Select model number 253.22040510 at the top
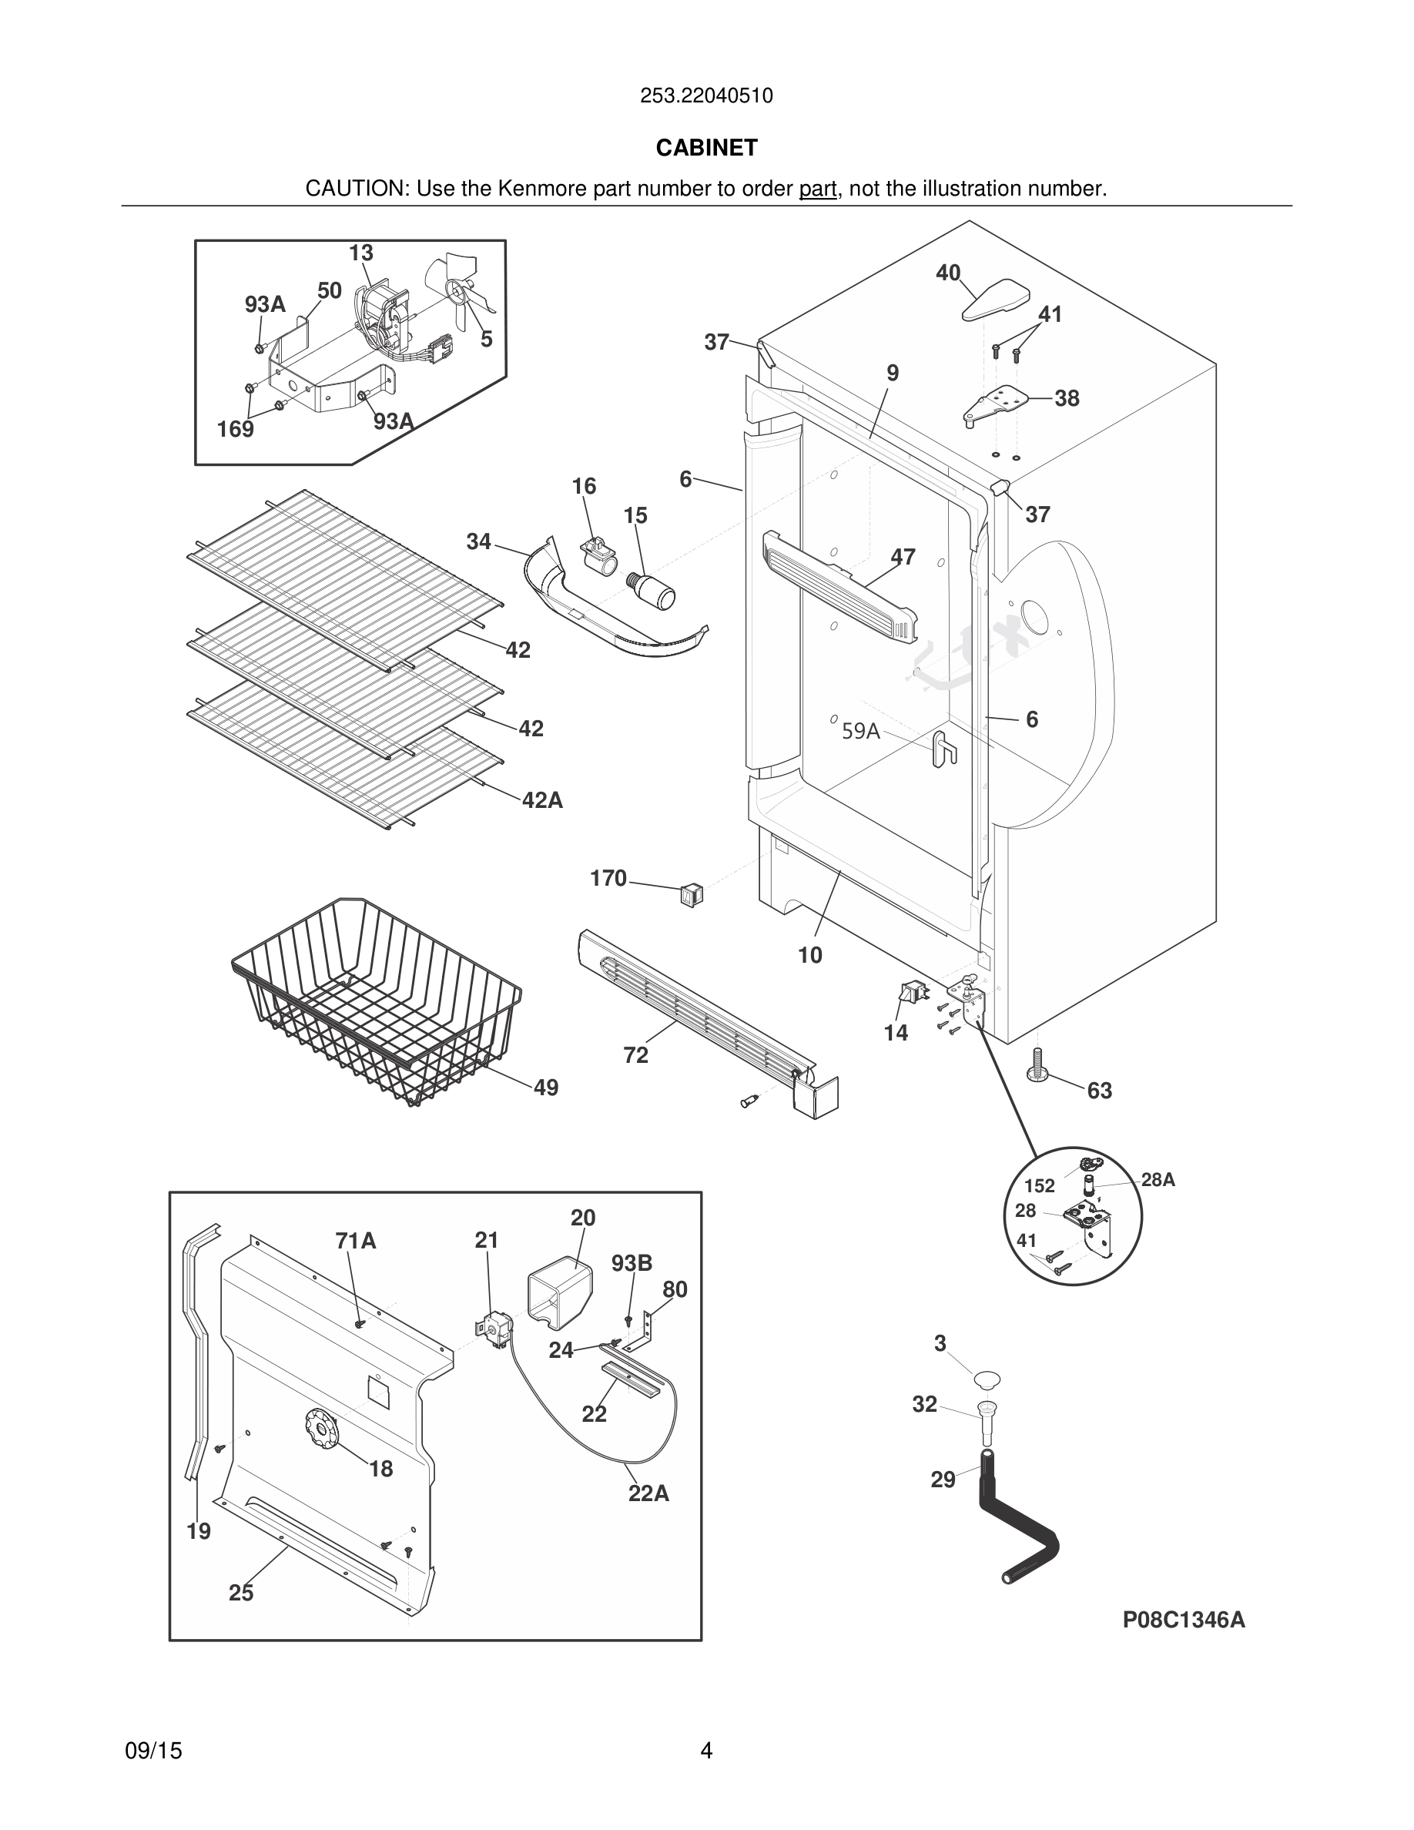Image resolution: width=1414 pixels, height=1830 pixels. coord(706,96)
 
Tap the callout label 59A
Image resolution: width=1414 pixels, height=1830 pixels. coord(860,732)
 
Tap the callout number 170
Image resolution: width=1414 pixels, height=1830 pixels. coord(608,878)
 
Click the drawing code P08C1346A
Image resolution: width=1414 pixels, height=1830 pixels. coord(1183,1620)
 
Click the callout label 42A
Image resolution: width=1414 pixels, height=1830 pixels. coord(542,800)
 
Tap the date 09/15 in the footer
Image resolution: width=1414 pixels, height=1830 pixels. coord(153,1751)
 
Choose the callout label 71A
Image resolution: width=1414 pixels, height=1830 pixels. coord(355,1241)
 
